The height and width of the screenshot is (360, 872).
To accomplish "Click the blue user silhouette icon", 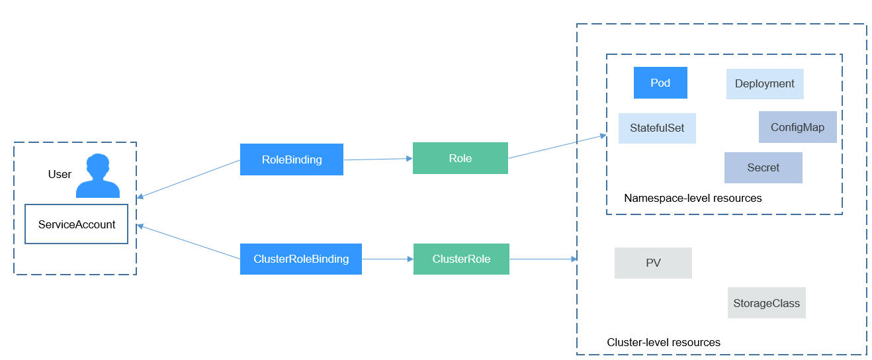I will click(x=98, y=177).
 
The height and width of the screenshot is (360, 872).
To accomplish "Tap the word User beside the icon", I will click(x=60, y=175).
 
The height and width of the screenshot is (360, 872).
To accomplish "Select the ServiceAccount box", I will click(x=77, y=224).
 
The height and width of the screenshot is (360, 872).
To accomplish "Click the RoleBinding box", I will click(x=292, y=159).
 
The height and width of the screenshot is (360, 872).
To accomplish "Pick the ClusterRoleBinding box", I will click(x=301, y=259).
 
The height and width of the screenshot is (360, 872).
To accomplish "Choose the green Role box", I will click(x=460, y=158).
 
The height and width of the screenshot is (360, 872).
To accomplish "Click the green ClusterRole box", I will click(x=461, y=259).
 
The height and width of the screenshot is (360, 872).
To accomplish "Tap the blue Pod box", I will click(x=660, y=83).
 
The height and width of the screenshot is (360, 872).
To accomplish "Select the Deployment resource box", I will click(x=765, y=84).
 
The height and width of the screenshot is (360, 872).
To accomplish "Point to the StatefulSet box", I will click(x=657, y=128).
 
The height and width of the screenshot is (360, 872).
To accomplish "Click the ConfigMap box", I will click(x=797, y=127).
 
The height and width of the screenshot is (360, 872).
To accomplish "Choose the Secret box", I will click(x=763, y=168).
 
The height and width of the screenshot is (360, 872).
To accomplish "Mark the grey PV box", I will click(x=653, y=263).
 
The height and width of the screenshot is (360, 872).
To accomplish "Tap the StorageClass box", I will click(x=766, y=303).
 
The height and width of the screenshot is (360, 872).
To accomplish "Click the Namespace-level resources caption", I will click(x=693, y=199).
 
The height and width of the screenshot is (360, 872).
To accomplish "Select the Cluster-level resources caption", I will click(x=664, y=343).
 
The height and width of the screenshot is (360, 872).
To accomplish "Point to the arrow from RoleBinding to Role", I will click(x=378, y=159).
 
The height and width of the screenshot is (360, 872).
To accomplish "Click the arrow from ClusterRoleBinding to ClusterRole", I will click(x=388, y=259).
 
